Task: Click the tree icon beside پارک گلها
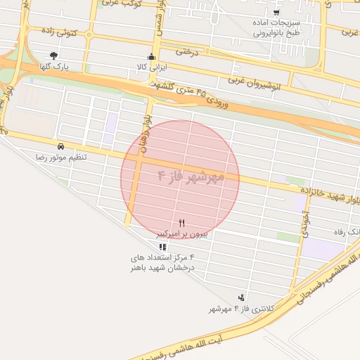point(53,55)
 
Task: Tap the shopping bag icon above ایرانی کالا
point(151,57)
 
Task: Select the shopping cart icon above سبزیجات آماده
point(276,12)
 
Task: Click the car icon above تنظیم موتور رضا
point(61,146)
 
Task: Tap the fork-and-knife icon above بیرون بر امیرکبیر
point(182,221)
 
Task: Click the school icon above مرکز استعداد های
point(163,247)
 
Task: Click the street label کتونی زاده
point(59,32)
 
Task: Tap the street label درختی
point(193,51)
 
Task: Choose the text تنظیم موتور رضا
point(63,157)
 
